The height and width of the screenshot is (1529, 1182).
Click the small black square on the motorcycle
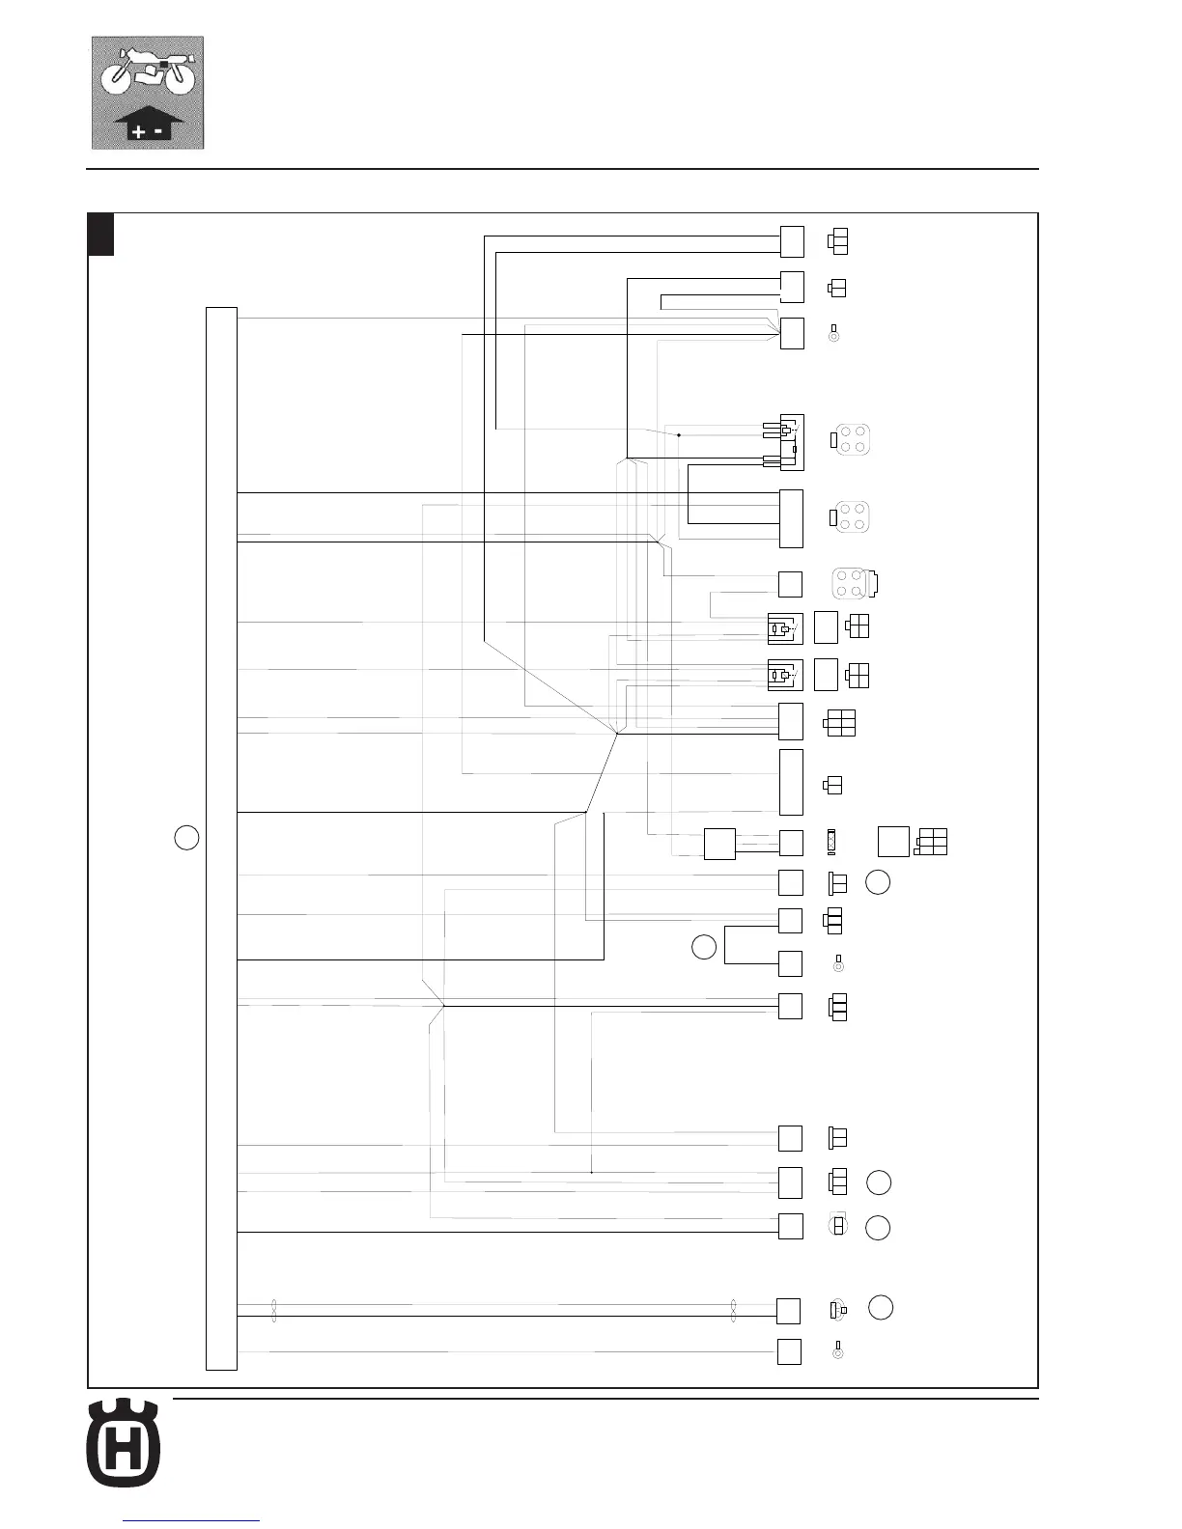tap(163, 64)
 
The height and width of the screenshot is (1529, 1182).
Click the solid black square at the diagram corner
tap(101, 235)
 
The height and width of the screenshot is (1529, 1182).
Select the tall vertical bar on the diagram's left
tap(221, 838)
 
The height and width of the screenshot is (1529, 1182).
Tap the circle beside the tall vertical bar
tap(187, 837)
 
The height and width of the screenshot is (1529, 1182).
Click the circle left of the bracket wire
tap(704, 947)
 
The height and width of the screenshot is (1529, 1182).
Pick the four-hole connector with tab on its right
tap(854, 583)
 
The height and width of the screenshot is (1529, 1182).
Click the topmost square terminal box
tap(792, 240)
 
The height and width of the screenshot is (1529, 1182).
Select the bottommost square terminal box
tap(789, 1351)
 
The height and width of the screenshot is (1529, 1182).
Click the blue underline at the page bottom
tap(193, 1521)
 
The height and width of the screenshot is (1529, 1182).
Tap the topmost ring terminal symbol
tap(834, 334)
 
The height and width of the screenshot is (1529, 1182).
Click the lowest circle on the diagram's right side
tap(880, 1307)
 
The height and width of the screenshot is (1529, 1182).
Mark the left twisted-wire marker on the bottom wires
tap(274, 1310)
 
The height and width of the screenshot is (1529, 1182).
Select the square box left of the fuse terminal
tap(719, 844)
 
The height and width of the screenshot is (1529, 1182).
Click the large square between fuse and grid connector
tap(893, 842)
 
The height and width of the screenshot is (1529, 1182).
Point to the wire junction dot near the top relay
tap(678, 435)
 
